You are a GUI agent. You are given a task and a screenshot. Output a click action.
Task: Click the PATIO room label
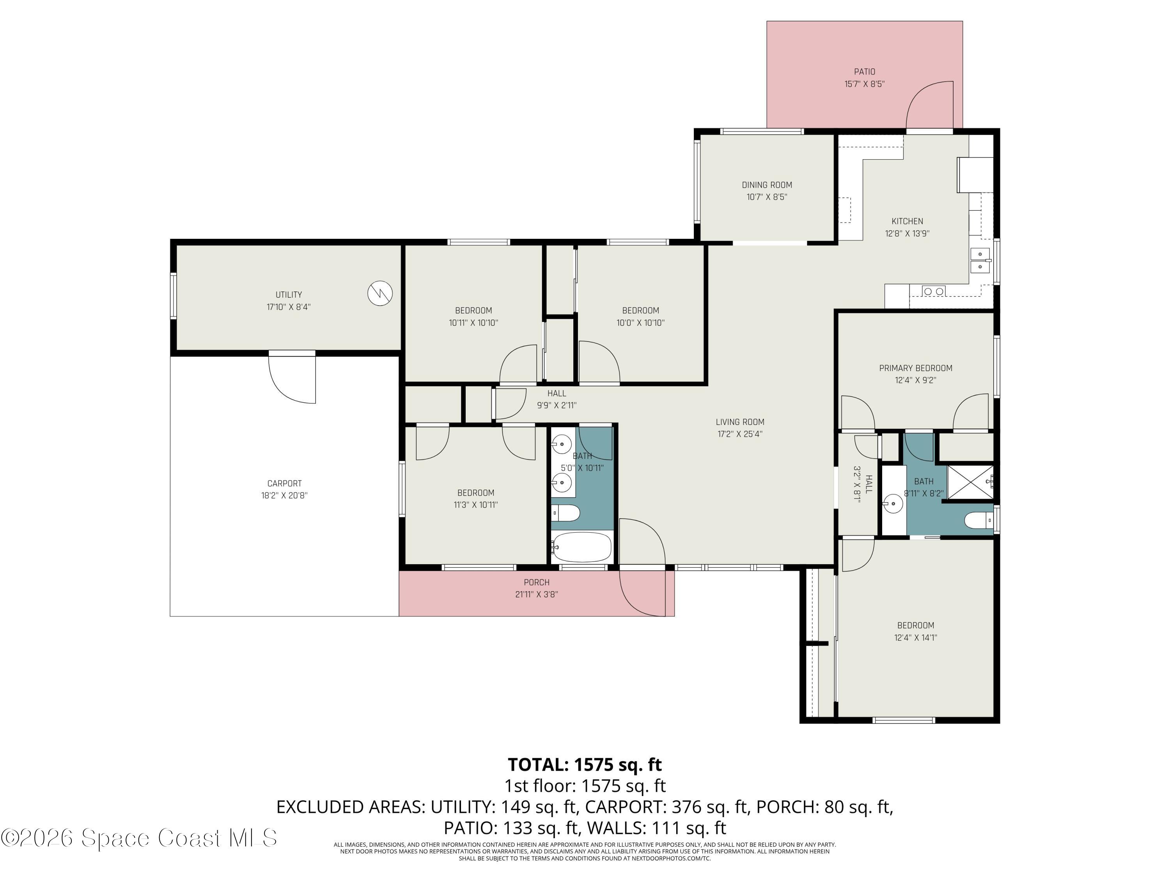pos(864,71)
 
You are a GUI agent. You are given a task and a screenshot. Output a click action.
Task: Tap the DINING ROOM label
pos(766,185)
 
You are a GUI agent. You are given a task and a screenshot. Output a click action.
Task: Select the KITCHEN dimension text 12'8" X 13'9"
pos(907,233)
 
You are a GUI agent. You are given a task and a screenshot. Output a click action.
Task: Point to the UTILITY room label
pos(289,295)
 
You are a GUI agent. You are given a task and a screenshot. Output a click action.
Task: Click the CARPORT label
pos(285,483)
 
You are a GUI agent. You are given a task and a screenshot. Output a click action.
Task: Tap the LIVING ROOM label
pos(740,422)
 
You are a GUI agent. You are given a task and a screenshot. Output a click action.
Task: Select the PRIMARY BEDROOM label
pos(916,368)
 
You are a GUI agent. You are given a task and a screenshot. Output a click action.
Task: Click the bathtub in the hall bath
pos(582,547)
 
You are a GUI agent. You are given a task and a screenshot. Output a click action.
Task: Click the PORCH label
pos(536,582)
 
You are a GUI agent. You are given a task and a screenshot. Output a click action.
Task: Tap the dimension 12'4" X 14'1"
pos(916,638)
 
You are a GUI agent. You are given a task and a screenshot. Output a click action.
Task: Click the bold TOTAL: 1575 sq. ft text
pos(585,764)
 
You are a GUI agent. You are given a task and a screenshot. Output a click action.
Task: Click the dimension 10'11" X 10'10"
pos(473,323)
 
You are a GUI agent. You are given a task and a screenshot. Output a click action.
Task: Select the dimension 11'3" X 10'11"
pos(475,505)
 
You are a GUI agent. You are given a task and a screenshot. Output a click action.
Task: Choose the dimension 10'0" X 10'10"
pos(640,323)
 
